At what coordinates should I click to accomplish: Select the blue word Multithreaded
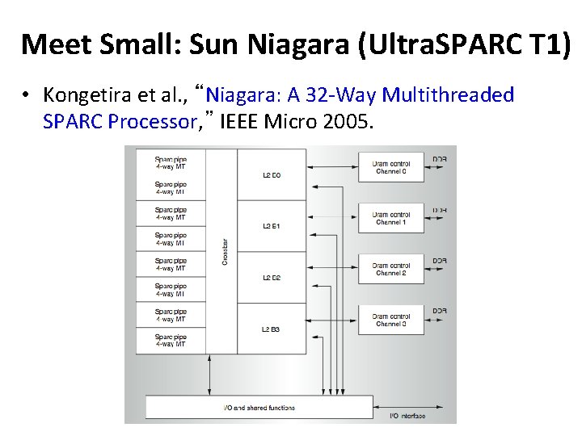pyautogui.click(x=448, y=96)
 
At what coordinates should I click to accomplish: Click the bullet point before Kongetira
pyautogui.click(x=27, y=96)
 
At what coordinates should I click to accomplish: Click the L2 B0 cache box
pyautogui.click(x=272, y=174)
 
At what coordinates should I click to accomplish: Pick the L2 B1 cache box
pyautogui.click(x=272, y=225)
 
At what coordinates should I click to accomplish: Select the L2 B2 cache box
pyautogui.click(x=272, y=277)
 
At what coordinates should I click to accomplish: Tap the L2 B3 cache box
pyautogui.click(x=272, y=329)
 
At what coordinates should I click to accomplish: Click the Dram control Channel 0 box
pyautogui.click(x=391, y=167)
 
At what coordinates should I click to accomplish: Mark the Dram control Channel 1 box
pyautogui.click(x=391, y=218)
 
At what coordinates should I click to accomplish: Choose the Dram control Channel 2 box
pyautogui.click(x=391, y=269)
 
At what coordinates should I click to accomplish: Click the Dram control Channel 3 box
pyautogui.click(x=391, y=320)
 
